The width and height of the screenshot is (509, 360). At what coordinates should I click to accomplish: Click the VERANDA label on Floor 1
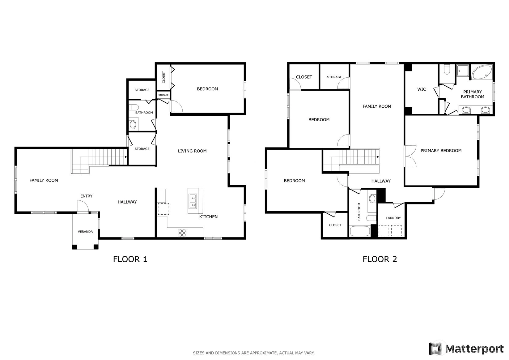(85, 232)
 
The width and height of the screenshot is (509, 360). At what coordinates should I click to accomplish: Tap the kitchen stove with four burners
(182, 233)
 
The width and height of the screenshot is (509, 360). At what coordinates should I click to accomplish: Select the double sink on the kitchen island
(193, 201)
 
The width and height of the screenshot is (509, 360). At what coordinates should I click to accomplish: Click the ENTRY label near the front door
(86, 196)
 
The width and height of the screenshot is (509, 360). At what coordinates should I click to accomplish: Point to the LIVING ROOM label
(192, 151)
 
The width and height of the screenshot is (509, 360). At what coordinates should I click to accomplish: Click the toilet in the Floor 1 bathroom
(134, 107)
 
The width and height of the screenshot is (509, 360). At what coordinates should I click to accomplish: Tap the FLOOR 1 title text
(130, 259)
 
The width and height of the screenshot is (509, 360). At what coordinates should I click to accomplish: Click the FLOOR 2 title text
(380, 259)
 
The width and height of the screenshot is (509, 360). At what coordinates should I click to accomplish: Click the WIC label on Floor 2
(422, 89)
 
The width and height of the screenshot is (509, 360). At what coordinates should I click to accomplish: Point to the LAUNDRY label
(393, 218)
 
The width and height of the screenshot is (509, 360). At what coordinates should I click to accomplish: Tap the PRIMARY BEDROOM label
(441, 151)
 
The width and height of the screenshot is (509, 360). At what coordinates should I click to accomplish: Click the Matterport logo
(466, 349)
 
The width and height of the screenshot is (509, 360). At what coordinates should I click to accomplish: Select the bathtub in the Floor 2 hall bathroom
(360, 231)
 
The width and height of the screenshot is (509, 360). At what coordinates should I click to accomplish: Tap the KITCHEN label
(208, 217)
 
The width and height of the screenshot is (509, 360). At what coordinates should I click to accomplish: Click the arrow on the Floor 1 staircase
(125, 157)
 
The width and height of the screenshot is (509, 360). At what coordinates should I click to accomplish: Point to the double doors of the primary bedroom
(410, 156)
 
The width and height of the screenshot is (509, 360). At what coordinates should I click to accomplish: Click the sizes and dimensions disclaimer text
(254, 353)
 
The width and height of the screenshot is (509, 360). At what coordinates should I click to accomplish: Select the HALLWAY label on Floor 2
(381, 181)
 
